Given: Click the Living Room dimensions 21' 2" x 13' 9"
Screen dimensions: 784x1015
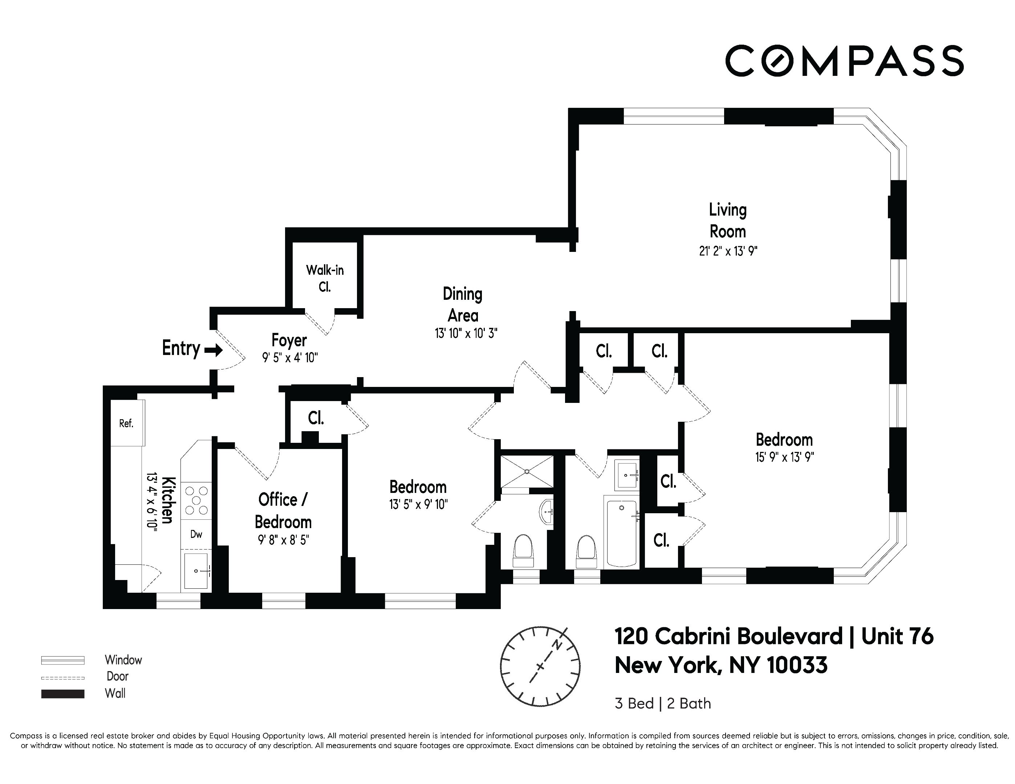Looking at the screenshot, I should pos(728,251).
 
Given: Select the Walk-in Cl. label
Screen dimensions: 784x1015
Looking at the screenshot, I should pos(324,278).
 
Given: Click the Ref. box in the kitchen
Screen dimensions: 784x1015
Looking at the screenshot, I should pos(126,423).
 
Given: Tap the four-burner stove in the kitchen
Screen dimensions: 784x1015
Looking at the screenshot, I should pos(196,500).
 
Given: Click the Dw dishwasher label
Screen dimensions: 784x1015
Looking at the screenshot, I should pos(196,534).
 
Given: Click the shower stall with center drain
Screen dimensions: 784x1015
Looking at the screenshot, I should pos(527,471).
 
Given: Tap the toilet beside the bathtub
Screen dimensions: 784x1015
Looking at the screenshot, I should pos(586,552).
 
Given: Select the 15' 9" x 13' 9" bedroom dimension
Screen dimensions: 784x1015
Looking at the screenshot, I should pos(784,457).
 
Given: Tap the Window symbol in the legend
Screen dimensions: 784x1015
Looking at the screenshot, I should pos(63,660).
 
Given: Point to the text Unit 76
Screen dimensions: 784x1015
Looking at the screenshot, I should pos(897,636).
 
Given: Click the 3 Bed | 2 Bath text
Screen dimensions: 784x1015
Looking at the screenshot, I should pos(663,704).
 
